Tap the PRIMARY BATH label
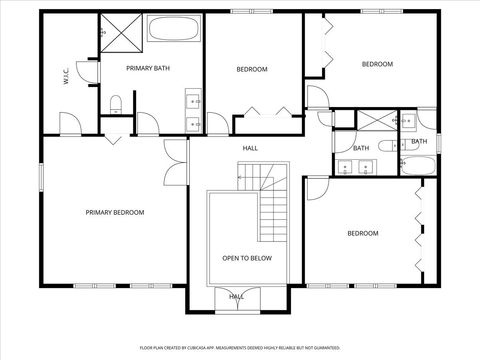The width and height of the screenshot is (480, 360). click(x=146, y=68)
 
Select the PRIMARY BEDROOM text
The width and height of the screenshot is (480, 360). click(x=115, y=212)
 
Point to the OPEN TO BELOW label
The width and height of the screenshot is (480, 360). click(x=247, y=258)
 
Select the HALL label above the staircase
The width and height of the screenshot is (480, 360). click(x=250, y=148)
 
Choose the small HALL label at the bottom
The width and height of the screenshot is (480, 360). click(x=237, y=296)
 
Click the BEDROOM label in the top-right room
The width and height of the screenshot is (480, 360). click(x=377, y=64)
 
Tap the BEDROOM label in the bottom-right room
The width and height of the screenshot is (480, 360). click(x=362, y=233)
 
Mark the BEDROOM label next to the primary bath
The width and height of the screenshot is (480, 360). click(x=252, y=69)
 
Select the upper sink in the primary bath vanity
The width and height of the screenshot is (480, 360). click(x=192, y=99)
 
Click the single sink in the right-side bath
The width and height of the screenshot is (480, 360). click(x=408, y=121)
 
